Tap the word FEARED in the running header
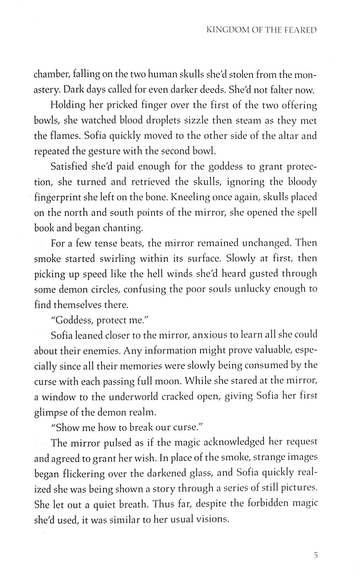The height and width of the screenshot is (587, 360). (x=300, y=30)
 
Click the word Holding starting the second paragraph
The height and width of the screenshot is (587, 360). (x=68, y=105)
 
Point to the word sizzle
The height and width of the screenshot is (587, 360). (x=196, y=120)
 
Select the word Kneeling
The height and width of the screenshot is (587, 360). (x=190, y=197)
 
